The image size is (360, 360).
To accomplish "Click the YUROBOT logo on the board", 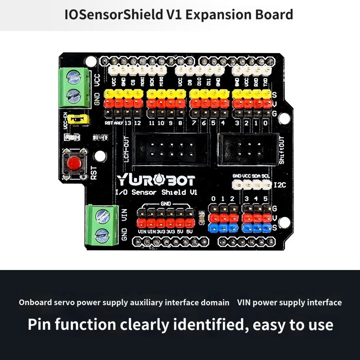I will tap(156, 181).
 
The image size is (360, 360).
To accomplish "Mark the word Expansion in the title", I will tap(216, 15).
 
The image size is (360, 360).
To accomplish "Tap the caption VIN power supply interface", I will tap(289, 302).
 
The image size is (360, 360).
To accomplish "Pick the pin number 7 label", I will tap(193, 123).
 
